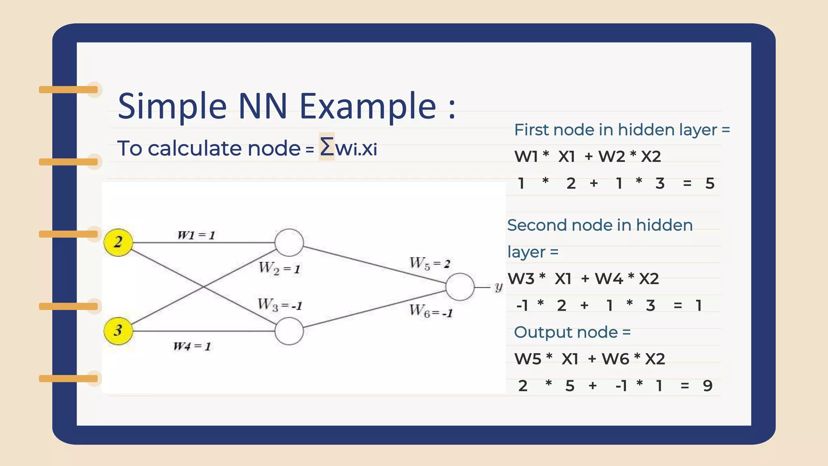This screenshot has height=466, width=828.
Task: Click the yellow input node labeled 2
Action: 118,242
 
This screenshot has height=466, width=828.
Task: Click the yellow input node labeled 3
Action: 118,330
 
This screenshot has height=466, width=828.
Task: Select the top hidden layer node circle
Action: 289,243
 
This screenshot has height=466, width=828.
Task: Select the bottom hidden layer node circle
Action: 289,331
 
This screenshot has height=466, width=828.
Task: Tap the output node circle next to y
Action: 460,287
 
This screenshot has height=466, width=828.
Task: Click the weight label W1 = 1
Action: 196,235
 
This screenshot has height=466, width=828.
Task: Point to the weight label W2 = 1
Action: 279,268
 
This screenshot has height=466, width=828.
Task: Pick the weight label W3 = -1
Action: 280,305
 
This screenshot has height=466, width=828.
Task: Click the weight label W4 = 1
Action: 192,346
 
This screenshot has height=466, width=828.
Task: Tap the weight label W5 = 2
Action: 429,264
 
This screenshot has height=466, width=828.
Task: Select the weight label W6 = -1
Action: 431,311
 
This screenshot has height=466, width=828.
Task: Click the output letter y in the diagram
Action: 498,287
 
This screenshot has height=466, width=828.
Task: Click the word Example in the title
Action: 368,106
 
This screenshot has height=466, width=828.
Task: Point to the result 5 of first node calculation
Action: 710,184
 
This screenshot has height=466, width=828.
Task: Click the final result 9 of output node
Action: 708,386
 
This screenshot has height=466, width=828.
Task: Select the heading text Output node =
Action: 572,333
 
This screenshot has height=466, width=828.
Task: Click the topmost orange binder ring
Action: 69,90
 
